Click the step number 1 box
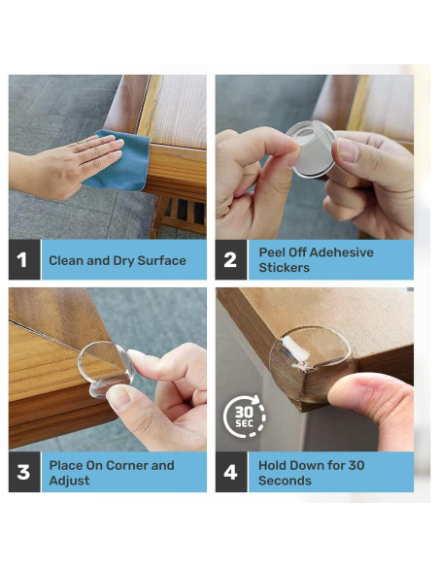pyautogui.click(x=24, y=259)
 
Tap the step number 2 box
pyautogui.click(x=231, y=259)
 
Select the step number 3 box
pyautogui.click(x=24, y=472)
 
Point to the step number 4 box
pyautogui.click(x=231, y=472)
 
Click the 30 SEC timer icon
pyautogui.click(x=245, y=417)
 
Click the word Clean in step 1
pyautogui.click(x=66, y=260)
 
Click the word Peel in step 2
pyautogui.click(x=271, y=252)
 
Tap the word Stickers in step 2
pyautogui.click(x=285, y=268)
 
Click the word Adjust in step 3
pyautogui.click(x=69, y=481)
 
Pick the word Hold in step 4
pyautogui.click(x=272, y=465)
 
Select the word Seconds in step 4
pyautogui.click(x=285, y=481)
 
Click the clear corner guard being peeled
pyautogui.click(x=311, y=149)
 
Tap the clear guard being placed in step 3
pyautogui.click(x=106, y=369)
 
